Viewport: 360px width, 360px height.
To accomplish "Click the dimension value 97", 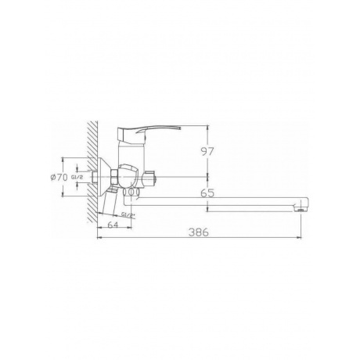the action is coord(207,151).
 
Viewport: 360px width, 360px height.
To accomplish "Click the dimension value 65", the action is coord(207,193).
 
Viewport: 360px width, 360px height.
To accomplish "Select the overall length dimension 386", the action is coord(199,232).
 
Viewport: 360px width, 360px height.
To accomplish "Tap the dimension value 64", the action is coord(113,225).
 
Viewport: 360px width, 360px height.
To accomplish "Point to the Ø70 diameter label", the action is coord(59,178).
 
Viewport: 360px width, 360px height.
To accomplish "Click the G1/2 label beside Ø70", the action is coord(77,178).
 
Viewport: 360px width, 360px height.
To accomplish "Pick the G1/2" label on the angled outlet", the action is coord(128,214).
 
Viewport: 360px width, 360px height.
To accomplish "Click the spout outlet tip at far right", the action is coord(301,209).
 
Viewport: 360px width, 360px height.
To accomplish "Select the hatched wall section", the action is coord(92,172).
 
